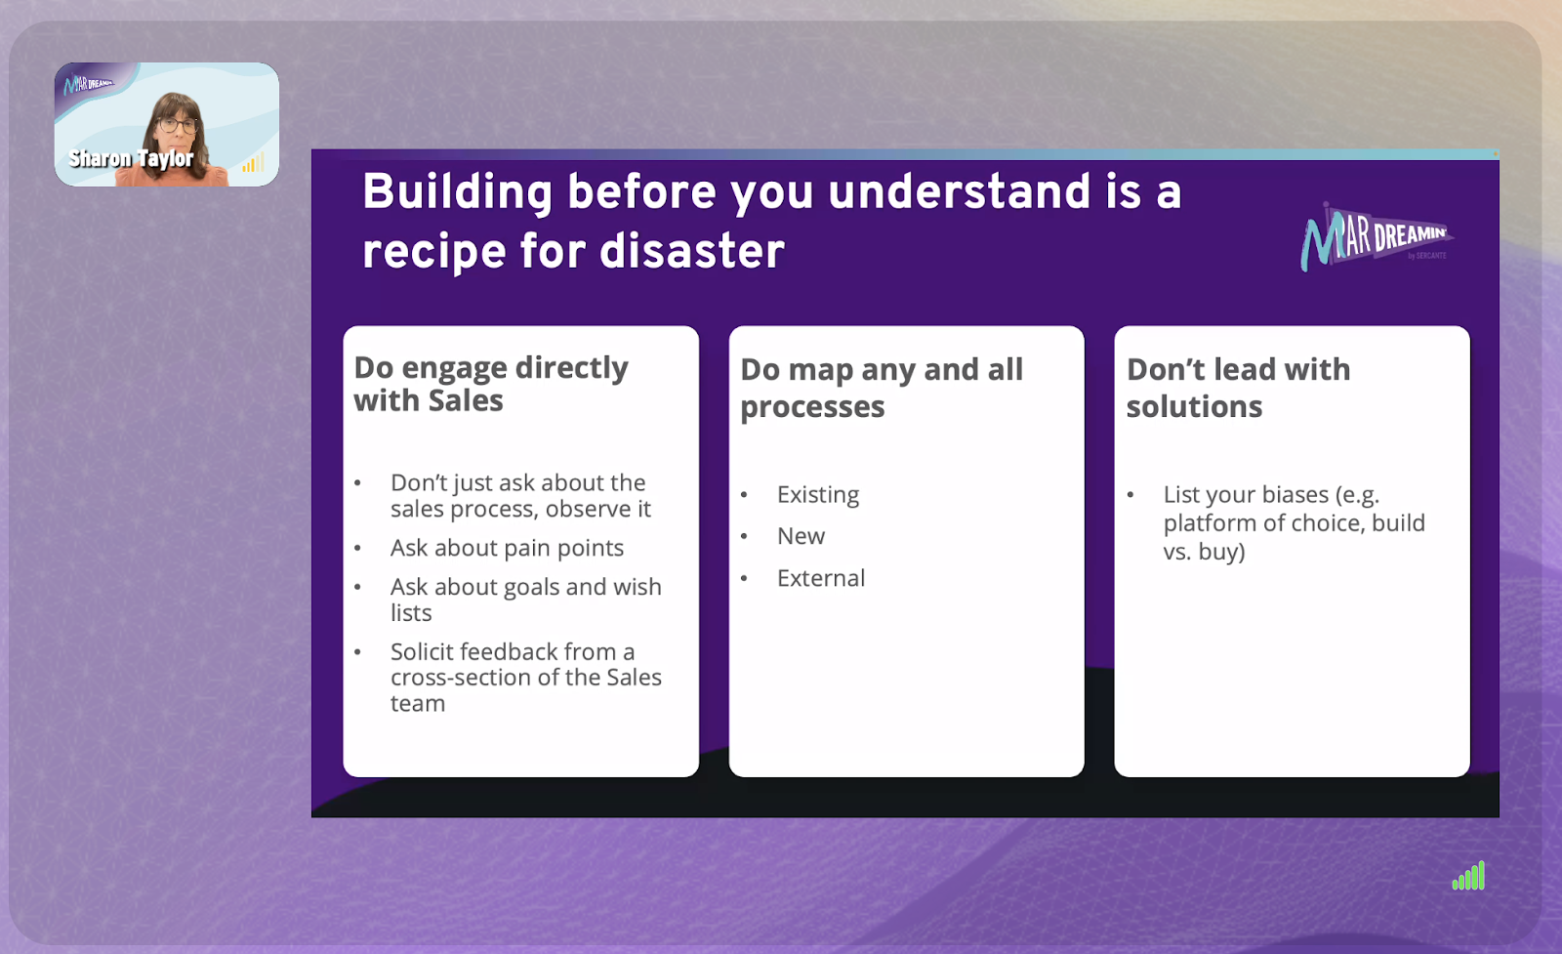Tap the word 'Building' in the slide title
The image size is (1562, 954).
[x=458, y=193]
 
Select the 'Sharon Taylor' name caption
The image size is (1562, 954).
[x=131, y=159]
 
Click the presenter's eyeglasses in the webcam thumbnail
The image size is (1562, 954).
[x=178, y=126]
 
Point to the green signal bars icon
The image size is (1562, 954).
[x=1468, y=876]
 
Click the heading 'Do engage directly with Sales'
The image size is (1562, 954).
[x=491, y=385]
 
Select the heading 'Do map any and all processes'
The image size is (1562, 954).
[x=882, y=388]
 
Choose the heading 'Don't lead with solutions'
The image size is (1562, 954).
[x=1239, y=388]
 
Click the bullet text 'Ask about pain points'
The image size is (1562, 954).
[x=507, y=548]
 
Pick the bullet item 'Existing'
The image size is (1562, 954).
[x=818, y=495]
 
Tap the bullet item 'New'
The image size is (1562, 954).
[x=802, y=536]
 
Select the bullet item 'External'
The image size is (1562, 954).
[x=821, y=578]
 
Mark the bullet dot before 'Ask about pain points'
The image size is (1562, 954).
[x=357, y=549]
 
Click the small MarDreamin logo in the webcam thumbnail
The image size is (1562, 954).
[x=88, y=84]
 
